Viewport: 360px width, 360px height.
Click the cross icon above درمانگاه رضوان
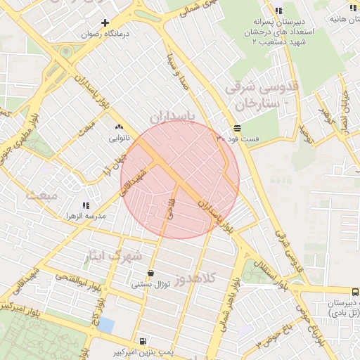pos(105,22)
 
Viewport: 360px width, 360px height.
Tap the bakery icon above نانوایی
pos(117,127)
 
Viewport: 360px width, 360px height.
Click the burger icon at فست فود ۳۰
pos(237,128)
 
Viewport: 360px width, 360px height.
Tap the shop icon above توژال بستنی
pos(150,274)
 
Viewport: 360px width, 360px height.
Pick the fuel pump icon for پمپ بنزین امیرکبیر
pos(143,339)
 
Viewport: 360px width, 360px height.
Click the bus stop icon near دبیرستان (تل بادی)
pos(354,291)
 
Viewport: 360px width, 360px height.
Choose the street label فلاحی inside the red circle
pos(169,210)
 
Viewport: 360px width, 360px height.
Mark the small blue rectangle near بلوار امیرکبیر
pos(105,325)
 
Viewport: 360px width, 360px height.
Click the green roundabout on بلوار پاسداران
pos(65,51)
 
